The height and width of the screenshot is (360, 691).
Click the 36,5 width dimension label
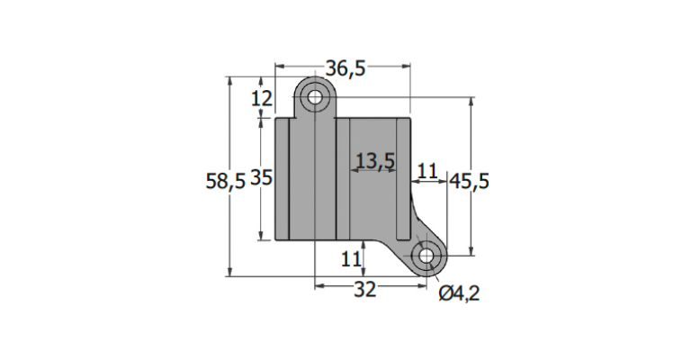pyautogui.click(x=345, y=68)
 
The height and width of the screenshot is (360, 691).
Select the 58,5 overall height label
pyautogui.click(x=225, y=181)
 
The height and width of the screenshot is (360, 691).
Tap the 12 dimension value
pyautogui.click(x=262, y=98)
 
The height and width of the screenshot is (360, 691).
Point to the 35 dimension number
pyautogui.click(x=262, y=178)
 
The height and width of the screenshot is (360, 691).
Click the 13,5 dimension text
pyautogui.click(x=375, y=161)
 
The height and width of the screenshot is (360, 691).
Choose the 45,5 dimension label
pyautogui.click(x=469, y=181)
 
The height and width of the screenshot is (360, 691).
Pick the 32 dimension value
pyautogui.click(x=365, y=290)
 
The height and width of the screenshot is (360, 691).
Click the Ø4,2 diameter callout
pyautogui.click(x=459, y=293)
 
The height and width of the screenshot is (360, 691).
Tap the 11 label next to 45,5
pyautogui.click(x=427, y=171)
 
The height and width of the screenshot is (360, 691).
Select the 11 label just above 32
pyautogui.click(x=351, y=259)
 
